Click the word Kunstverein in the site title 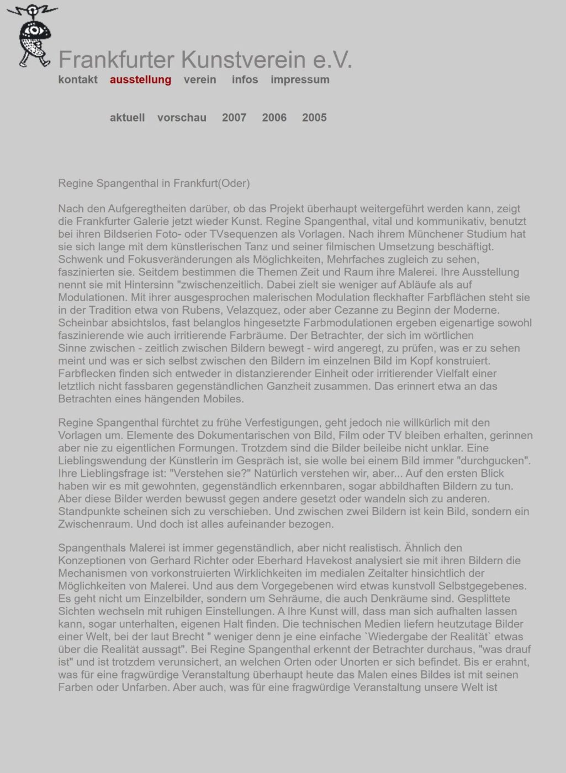(x=243, y=60)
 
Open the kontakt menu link (x=78, y=80)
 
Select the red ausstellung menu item (x=140, y=80)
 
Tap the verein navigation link (x=200, y=80)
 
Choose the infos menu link (x=245, y=80)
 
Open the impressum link (x=300, y=80)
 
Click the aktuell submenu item (x=127, y=118)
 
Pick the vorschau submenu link (x=182, y=118)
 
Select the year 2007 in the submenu (x=234, y=118)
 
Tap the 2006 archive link (x=274, y=118)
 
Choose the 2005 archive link (x=314, y=118)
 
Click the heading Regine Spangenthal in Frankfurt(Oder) (x=154, y=183)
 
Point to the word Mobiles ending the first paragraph (x=223, y=399)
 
